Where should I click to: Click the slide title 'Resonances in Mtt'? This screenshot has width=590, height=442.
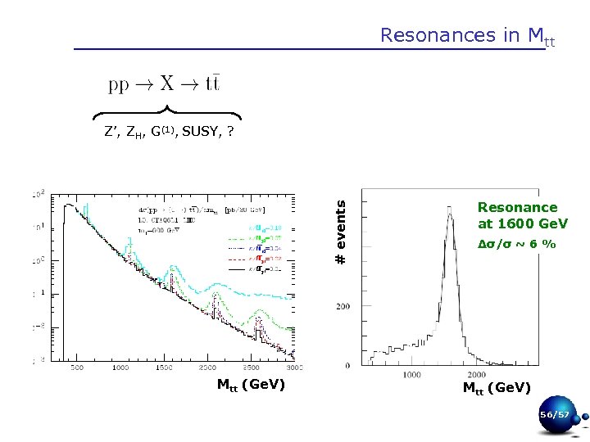coord(467,35)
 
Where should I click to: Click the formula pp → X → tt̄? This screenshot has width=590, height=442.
coord(164,84)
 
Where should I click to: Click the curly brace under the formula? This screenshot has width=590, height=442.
coord(167,113)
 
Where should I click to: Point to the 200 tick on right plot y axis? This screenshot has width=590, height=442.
coord(343,305)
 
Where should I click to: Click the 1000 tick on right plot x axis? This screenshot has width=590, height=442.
coord(412,373)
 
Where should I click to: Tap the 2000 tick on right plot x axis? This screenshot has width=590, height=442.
coord(489,373)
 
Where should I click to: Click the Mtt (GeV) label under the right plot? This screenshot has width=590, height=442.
coord(497,387)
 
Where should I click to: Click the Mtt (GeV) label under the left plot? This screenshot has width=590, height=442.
coord(251,384)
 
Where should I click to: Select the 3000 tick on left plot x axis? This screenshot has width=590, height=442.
coord(293,368)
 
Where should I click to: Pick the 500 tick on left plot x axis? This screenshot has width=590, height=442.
coord(75,368)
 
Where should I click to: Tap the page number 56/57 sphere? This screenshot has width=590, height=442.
coord(553,415)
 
